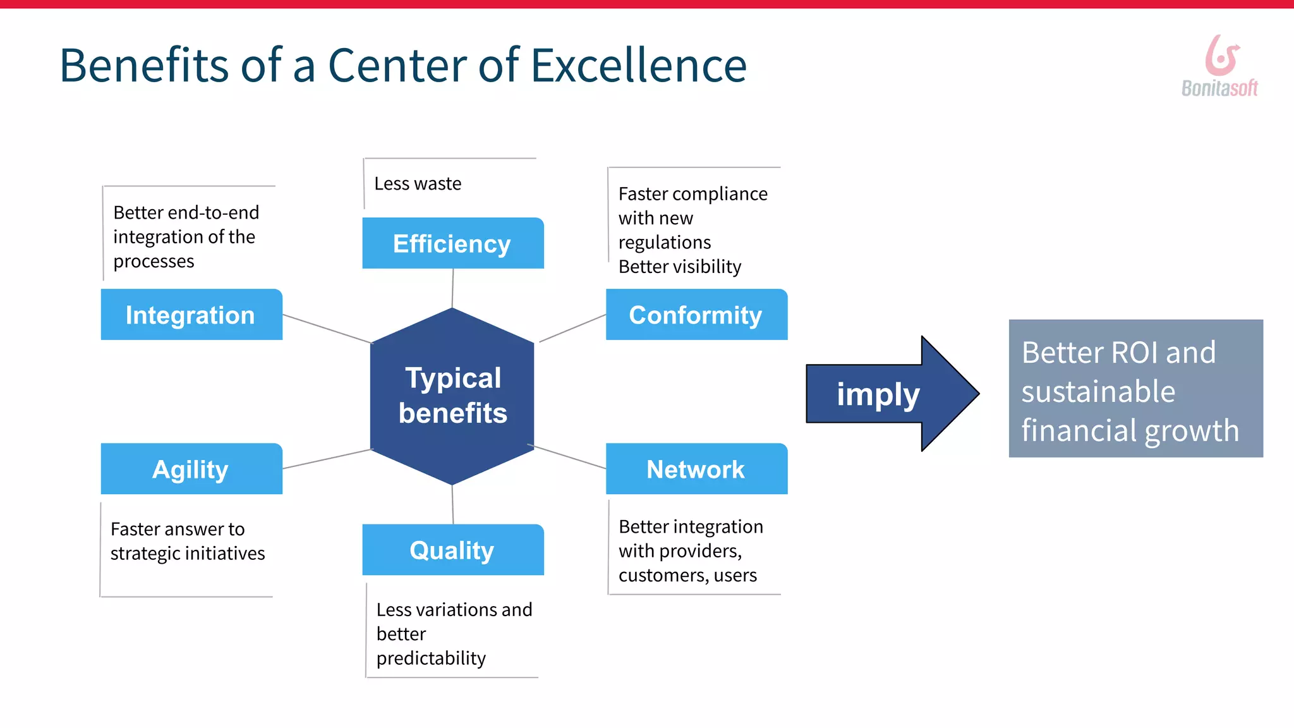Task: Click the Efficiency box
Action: [x=452, y=243]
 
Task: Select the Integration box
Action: [x=191, y=315]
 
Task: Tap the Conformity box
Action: [x=696, y=315]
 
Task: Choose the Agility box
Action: [x=191, y=469]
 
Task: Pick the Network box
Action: [x=696, y=469]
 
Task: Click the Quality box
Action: [x=452, y=550]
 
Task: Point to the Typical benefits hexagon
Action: [x=452, y=396]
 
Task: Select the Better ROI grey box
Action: [x=1135, y=389]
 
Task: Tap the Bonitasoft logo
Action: [x=1220, y=67]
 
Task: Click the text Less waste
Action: [x=418, y=184]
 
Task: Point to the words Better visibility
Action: [x=679, y=267]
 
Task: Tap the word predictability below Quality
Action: [x=431, y=658]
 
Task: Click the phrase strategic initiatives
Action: [x=188, y=554]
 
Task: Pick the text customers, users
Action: [x=687, y=576]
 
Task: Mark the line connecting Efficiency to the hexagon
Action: [x=452, y=288]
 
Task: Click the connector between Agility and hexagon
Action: [x=327, y=459]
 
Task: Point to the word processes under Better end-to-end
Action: [x=154, y=262]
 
